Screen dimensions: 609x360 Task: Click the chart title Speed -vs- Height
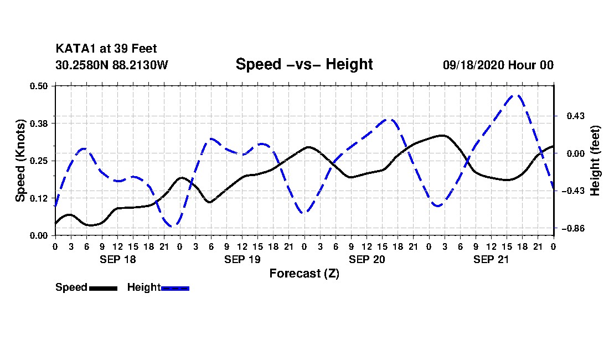click(304, 64)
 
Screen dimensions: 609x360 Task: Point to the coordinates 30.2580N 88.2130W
click(112, 65)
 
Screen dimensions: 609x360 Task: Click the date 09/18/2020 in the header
click(473, 65)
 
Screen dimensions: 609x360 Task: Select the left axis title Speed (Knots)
click(20, 161)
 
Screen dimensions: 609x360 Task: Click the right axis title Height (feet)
click(595, 161)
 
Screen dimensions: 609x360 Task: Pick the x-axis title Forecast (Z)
click(304, 274)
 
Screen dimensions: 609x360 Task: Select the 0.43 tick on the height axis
click(576, 116)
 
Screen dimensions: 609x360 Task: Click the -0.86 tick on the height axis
click(573, 228)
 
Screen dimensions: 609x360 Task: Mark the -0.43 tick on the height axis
click(573, 191)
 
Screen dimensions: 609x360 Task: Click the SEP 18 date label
click(118, 260)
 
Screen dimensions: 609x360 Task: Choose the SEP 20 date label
click(367, 260)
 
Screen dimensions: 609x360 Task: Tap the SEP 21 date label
click(491, 260)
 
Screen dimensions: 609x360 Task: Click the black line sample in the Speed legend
click(104, 288)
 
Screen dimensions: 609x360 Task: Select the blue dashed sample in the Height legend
click(175, 288)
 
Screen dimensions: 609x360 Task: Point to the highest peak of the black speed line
click(442, 136)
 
